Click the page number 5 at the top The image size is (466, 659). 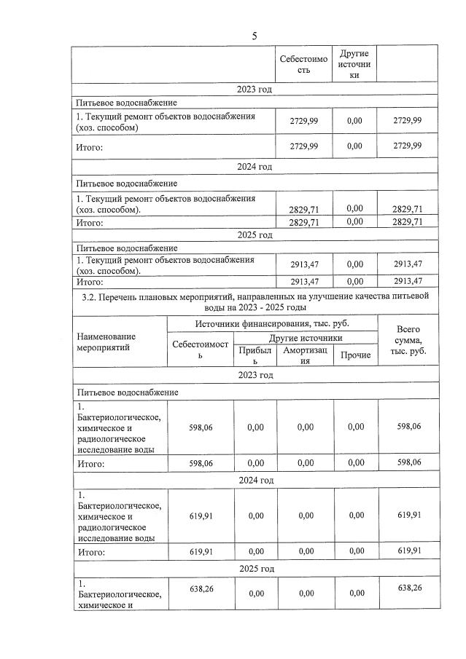click(x=255, y=36)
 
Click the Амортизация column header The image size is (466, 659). click(x=306, y=355)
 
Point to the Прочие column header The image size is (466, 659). click(x=355, y=355)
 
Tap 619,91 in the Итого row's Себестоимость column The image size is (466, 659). click(x=201, y=552)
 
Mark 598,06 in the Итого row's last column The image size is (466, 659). click(x=408, y=462)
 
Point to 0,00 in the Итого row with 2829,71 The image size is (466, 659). click(x=354, y=222)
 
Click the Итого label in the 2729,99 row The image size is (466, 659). click(x=90, y=147)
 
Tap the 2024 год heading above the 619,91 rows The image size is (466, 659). click(x=255, y=481)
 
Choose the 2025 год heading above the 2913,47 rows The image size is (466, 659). click(x=255, y=235)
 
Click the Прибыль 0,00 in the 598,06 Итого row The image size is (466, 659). click(x=255, y=462)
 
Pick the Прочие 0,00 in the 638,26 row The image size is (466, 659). click(x=355, y=593)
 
